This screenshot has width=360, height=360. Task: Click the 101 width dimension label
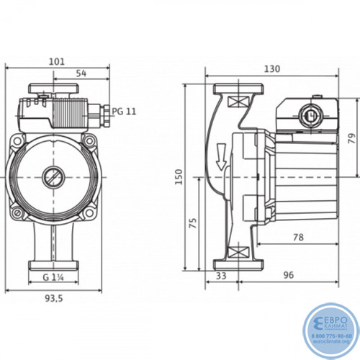[x=57, y=62]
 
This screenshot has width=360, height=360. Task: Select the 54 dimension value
[x=81, y=73]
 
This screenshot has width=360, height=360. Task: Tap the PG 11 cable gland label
[x=124, y=112]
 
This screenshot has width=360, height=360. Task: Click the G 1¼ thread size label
[x=53, y=277]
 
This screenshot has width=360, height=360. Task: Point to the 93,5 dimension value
[x=54, y=298]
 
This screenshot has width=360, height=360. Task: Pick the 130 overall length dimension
[x=272, y=69]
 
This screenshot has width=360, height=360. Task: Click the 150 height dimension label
[x=179, y=177]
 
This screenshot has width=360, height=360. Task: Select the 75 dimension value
[x=193, y=223]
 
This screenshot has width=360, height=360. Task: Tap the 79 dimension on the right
[x=352, y=138]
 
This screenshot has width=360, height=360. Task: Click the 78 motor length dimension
[x=298, y=238]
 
